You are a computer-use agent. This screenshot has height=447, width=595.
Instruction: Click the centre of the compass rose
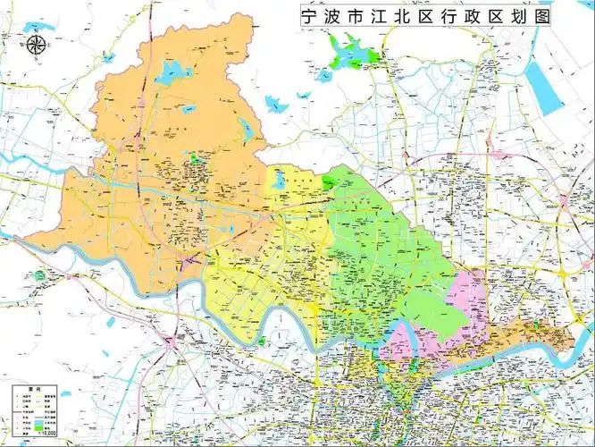point(37,46)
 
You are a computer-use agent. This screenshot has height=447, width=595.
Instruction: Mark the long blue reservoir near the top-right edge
point(541,85)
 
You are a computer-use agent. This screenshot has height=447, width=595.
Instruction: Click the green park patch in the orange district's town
point(196,160)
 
